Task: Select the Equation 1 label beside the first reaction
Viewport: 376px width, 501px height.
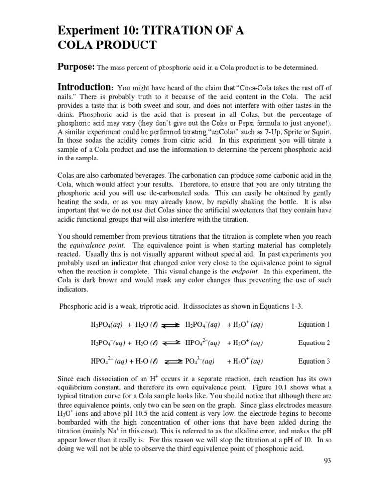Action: point(314,324)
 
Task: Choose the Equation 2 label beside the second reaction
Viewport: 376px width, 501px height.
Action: point(314,343)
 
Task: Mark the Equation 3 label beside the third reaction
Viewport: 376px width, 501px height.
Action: point(314,362)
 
